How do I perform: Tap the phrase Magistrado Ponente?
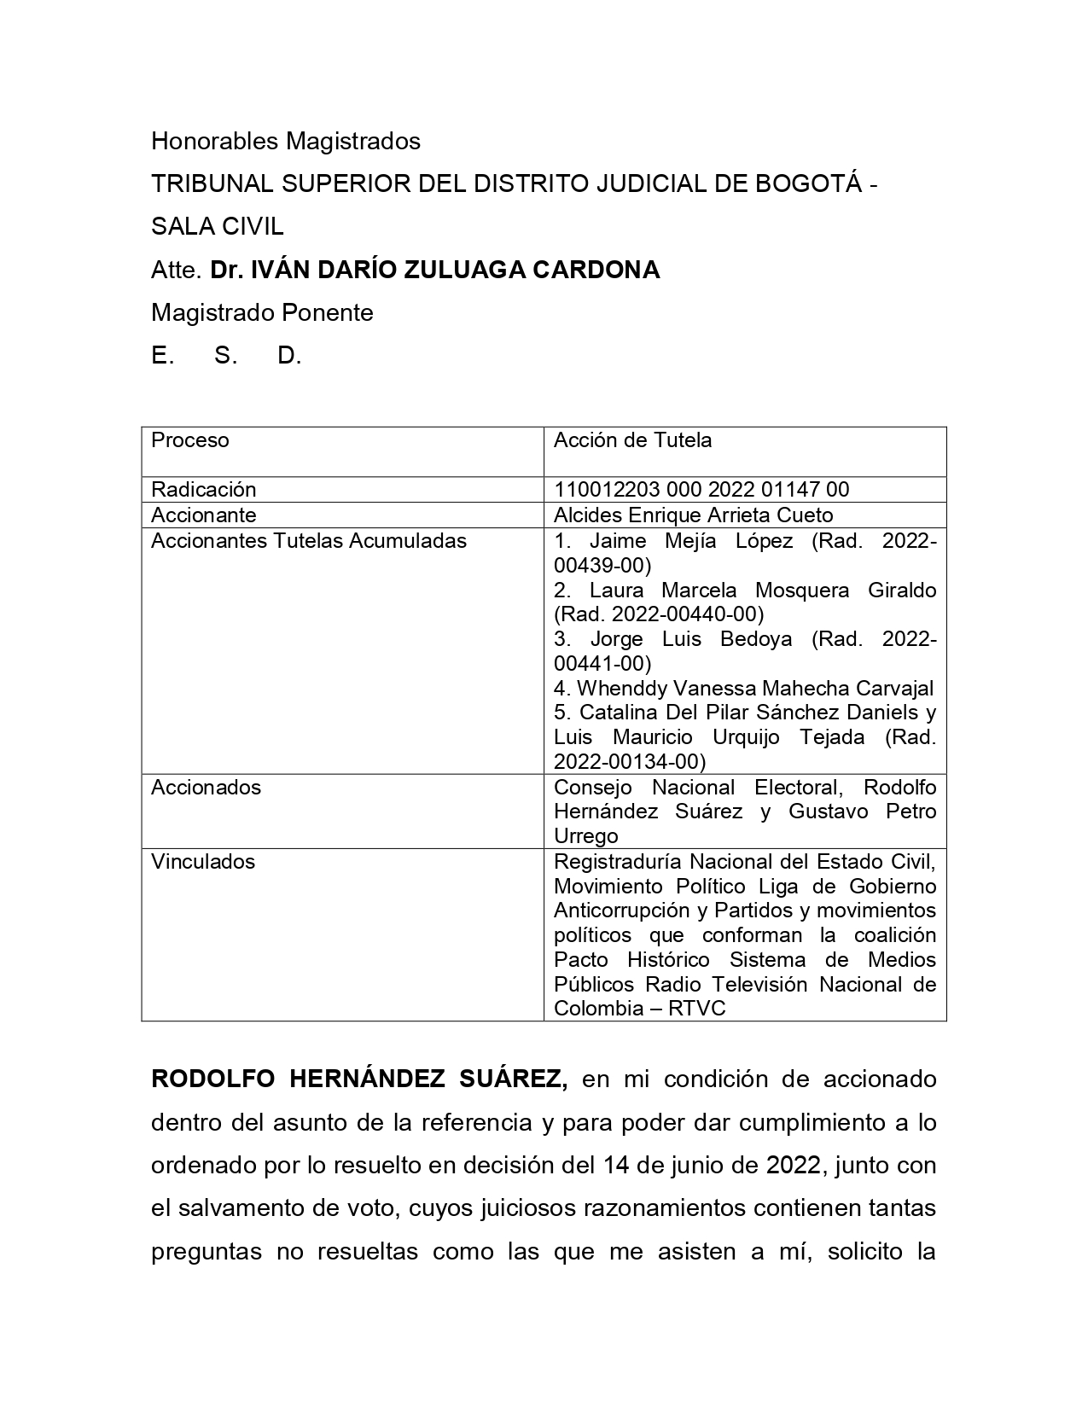262,312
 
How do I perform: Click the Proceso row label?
189,440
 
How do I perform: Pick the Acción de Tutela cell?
632,440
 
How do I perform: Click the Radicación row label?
203,489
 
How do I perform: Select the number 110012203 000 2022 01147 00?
701,489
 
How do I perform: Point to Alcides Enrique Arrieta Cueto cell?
693,515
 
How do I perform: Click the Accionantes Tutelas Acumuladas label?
309,540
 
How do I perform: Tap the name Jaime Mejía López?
691,541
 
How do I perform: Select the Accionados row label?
206,787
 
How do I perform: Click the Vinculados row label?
203,861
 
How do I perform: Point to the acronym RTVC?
697,1008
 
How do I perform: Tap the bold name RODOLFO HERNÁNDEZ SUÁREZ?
358,1079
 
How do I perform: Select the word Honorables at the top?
214,141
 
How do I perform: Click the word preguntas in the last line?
206,1252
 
